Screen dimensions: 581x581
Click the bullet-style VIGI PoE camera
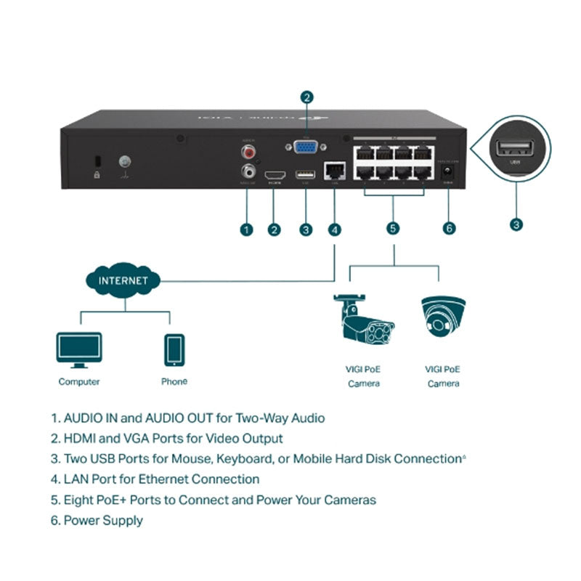tap(362, 320)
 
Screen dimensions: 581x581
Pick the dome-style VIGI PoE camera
tap(443, 316)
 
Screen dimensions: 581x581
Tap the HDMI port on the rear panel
tap(275, 175)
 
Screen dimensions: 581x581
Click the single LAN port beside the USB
tap(335, 171)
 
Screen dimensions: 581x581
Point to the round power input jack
tap(448, 173)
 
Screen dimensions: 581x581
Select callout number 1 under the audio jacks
tap(247, 229)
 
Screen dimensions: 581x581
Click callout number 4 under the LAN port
tap(334, 229)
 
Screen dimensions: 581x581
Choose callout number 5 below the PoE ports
tap(393, 229)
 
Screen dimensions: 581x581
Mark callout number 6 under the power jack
tap(449, 229)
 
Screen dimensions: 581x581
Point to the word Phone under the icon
tap(174, 381)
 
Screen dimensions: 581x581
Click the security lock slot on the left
tap(97, 161)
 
